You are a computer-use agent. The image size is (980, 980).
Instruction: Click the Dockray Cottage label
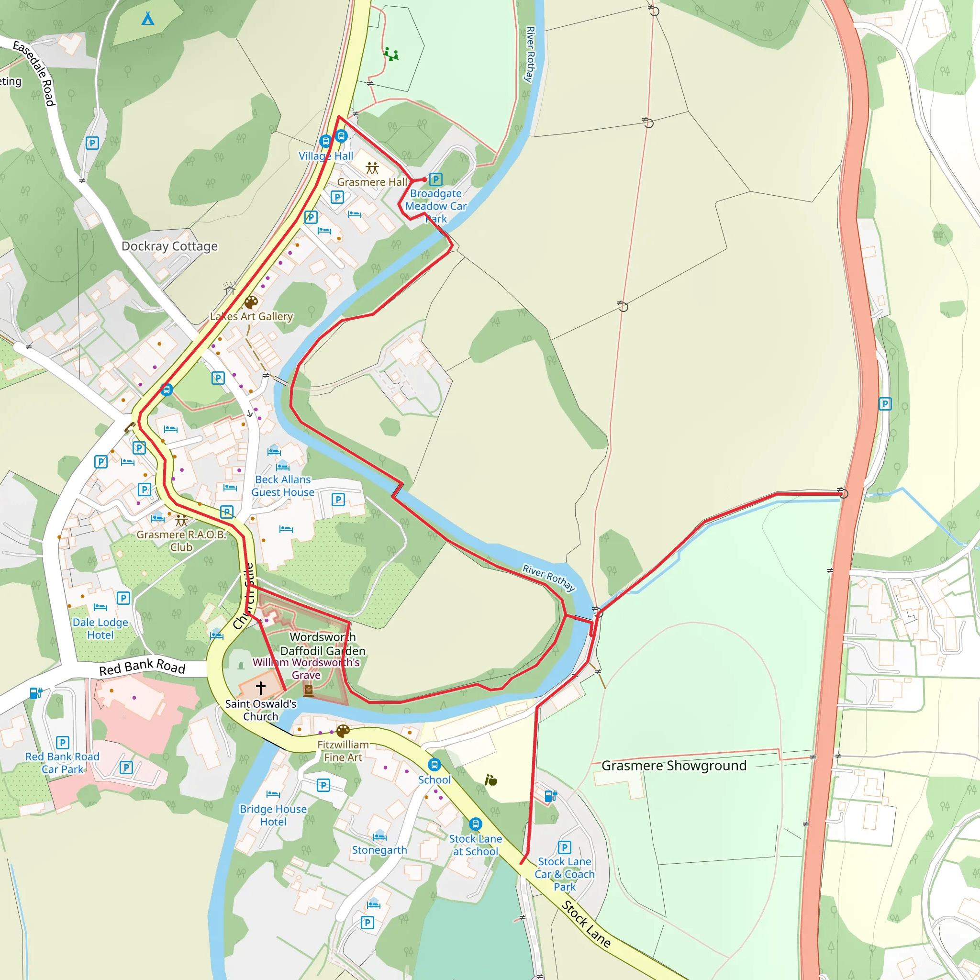(x=169, y=246)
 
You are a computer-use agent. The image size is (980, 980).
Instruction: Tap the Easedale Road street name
(x=34, y=73)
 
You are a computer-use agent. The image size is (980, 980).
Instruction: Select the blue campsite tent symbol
(x=147, y=19)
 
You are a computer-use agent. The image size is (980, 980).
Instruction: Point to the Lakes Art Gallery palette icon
(x=251, y=302)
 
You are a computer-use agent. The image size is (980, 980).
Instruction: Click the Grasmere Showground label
(x=674, y=766)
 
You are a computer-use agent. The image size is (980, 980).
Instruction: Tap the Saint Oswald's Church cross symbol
(x=261, y=688)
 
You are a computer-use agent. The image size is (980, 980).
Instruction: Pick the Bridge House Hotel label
(x=273, y=815)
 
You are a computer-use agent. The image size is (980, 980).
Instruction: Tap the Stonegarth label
(x=379, y=850)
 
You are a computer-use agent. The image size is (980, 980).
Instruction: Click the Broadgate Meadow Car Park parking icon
(x=436, y=179)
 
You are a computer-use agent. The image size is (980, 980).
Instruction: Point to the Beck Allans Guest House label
(x=283, y=486)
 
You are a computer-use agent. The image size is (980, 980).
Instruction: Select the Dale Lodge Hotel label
(x=100, y=628)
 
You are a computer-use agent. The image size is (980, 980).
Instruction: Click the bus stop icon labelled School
(x=434, y=764)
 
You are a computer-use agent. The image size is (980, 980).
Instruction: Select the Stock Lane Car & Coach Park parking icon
(x=565, y=847)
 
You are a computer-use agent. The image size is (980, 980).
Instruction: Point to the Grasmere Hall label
(x=372, y=182)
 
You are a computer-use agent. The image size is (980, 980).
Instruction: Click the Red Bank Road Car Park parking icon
(x=62, y=743)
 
